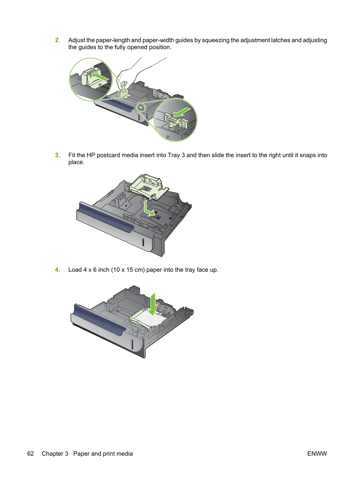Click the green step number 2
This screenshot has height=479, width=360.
point(58,40)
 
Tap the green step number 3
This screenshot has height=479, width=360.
point(58,155)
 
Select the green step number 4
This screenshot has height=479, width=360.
point(58,270)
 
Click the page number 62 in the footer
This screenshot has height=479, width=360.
point(31,454)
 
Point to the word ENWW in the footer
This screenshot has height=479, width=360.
point(317,454)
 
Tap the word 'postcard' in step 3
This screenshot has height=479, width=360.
point(108,155)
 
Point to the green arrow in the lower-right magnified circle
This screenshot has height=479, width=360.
point(182,112)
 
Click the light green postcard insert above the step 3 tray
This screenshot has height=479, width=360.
point(149,187)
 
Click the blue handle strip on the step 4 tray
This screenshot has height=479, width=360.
point(99,320)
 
